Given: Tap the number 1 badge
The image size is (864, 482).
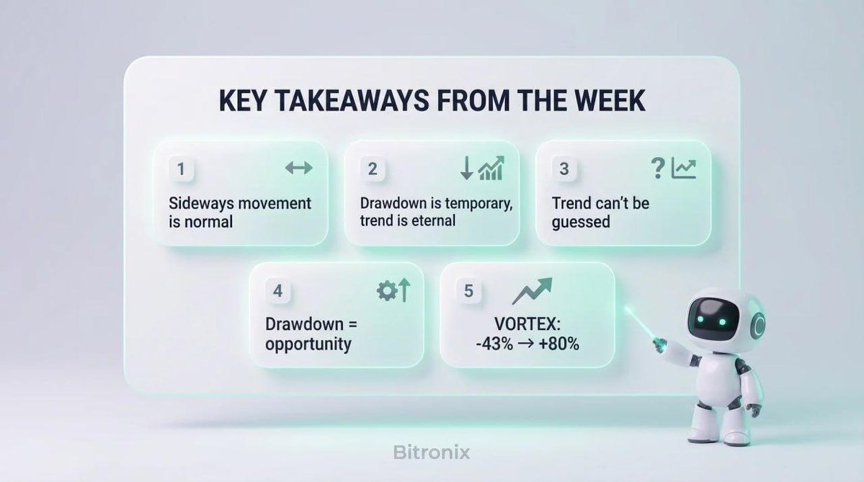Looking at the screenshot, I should pyautogui.click(x=181, y=169).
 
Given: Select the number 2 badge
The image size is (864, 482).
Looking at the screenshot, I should pyautogui.click(x=373, y=169).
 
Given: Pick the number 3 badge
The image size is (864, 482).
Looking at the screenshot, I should pyautogui.click(x=564, y=169).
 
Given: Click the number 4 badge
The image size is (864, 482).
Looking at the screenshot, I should pyautogui.click(x=277, y=292).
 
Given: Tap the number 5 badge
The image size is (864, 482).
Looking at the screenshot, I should pyautogui.click(x=468, y=291).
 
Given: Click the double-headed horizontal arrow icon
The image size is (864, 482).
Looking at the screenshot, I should pyautogui.click(x=298, y=169).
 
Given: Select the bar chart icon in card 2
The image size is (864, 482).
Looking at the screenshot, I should pyautogui.click(x=491, y=169).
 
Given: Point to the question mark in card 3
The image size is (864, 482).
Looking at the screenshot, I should pyautogui.click(x=656, y=169).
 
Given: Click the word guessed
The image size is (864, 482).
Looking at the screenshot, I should pyautogui.click(x=581, y=221).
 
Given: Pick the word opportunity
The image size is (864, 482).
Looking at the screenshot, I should pyautogui.click(x=308, y=344).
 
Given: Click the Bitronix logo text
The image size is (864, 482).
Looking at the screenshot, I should pyautogui.click(x=432, y=452).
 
